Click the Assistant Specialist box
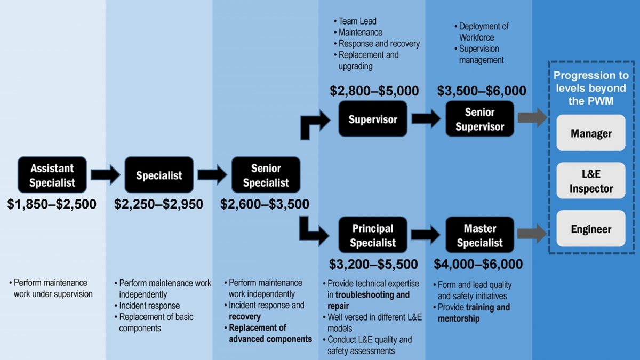click(52, 175)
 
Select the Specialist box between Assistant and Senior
click(159, 175)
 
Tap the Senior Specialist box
click(266, 175)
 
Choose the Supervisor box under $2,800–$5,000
click(373, 119)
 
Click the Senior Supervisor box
click(479, 119)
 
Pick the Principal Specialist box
click(373, 235)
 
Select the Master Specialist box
click(479, 235)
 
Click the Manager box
click(591, 133)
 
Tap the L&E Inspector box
click(591, 181)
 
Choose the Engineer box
click(591, 229)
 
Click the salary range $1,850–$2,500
click(52, 204)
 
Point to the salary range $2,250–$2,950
click(158, 204)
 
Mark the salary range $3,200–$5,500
click(373, 264)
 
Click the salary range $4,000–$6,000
click(478, 264)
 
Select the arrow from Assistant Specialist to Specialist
click(106, 175)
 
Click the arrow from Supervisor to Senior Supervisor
click(426, 118)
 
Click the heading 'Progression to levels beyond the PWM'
click(591, 88)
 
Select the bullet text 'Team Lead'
click(357, 21)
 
